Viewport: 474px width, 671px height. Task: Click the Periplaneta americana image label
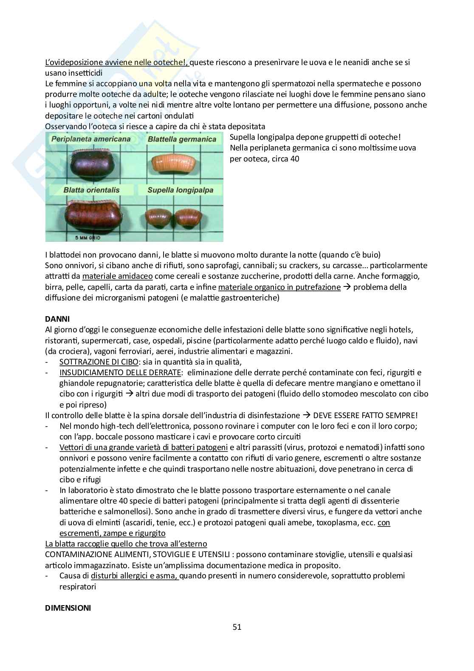(x=91, y=139)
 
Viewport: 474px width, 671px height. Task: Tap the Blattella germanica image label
(x=182, y=139)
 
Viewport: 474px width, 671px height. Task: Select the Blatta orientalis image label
(x=91, y=190)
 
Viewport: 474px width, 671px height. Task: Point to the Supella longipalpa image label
(x=180, y=190)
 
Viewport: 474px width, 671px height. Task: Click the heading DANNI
(x=57, y=319)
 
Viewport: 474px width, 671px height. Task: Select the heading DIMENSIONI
(x=68, y=608)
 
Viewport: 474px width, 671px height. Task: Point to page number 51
(x=237, y=627)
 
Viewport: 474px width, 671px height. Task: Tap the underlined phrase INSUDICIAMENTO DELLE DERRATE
(x=120, y=373)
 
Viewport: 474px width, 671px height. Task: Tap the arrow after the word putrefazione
(x=347, y=287)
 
